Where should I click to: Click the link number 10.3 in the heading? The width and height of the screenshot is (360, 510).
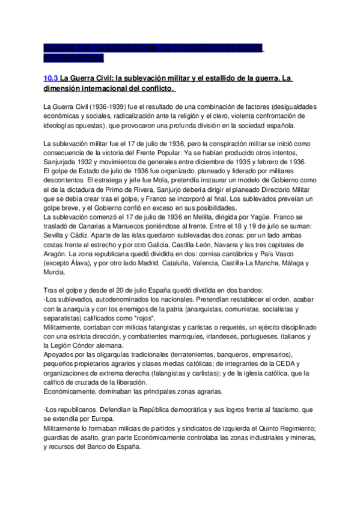coord(50,78)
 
